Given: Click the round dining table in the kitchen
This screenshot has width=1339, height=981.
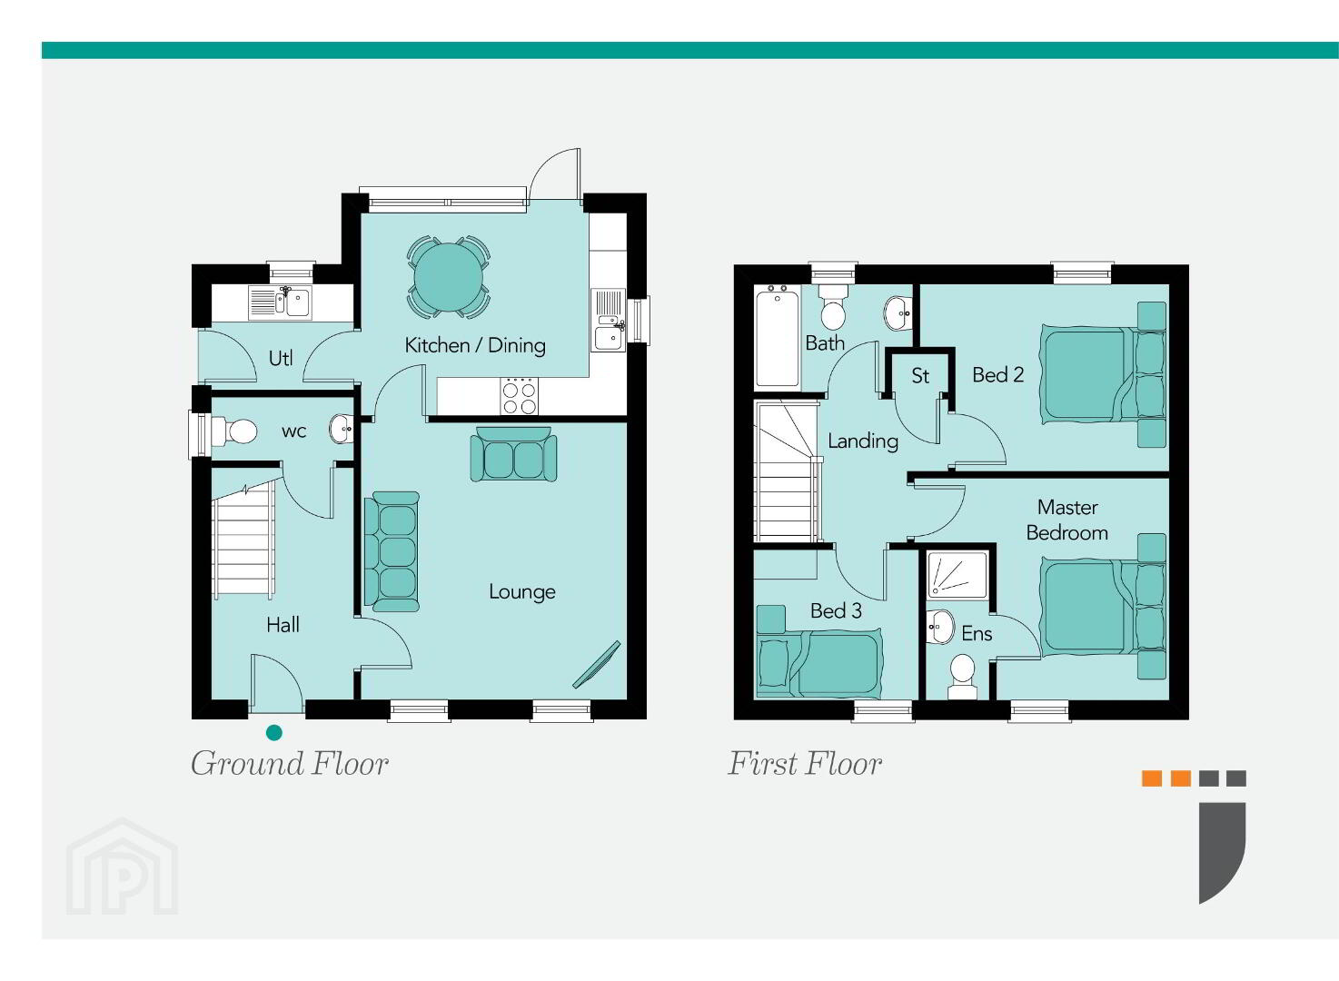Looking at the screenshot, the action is tap(449, 278).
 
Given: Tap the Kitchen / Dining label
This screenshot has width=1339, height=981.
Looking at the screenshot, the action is tap(475, 345).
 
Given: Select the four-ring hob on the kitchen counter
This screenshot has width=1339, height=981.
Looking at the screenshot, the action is tap(519, 396).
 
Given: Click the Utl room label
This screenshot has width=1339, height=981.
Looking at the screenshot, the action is tap(281, 358).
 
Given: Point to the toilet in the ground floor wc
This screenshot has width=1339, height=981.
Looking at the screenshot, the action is tap(233, 431).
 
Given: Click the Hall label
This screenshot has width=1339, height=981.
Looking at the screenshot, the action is tap(283, 625).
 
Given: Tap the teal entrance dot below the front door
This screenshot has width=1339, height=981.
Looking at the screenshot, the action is tap(273, 732).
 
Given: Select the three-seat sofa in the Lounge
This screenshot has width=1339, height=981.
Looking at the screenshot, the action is tap(392, 551).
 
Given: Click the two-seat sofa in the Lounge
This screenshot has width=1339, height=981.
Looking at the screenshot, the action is tap(513, 454).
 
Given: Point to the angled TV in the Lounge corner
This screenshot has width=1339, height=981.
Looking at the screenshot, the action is tap(597, 665).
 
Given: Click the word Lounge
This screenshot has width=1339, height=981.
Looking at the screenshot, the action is tap(521, 592).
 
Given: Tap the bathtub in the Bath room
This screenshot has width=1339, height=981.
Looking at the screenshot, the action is tap(777, 336).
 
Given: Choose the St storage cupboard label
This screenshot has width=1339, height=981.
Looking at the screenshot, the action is tap(920, 375).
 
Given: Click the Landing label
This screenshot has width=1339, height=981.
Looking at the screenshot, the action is tap(863, 441).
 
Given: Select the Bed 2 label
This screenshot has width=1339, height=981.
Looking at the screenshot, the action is tap(997, 375).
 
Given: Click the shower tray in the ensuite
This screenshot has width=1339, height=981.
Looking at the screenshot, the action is tap(957, 574).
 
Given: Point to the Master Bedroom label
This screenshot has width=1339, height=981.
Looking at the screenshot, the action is tap(1067, 520).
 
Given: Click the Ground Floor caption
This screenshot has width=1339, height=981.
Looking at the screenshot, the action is tap(290, 763).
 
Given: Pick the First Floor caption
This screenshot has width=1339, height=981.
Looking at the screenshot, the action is tap(805, 763).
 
